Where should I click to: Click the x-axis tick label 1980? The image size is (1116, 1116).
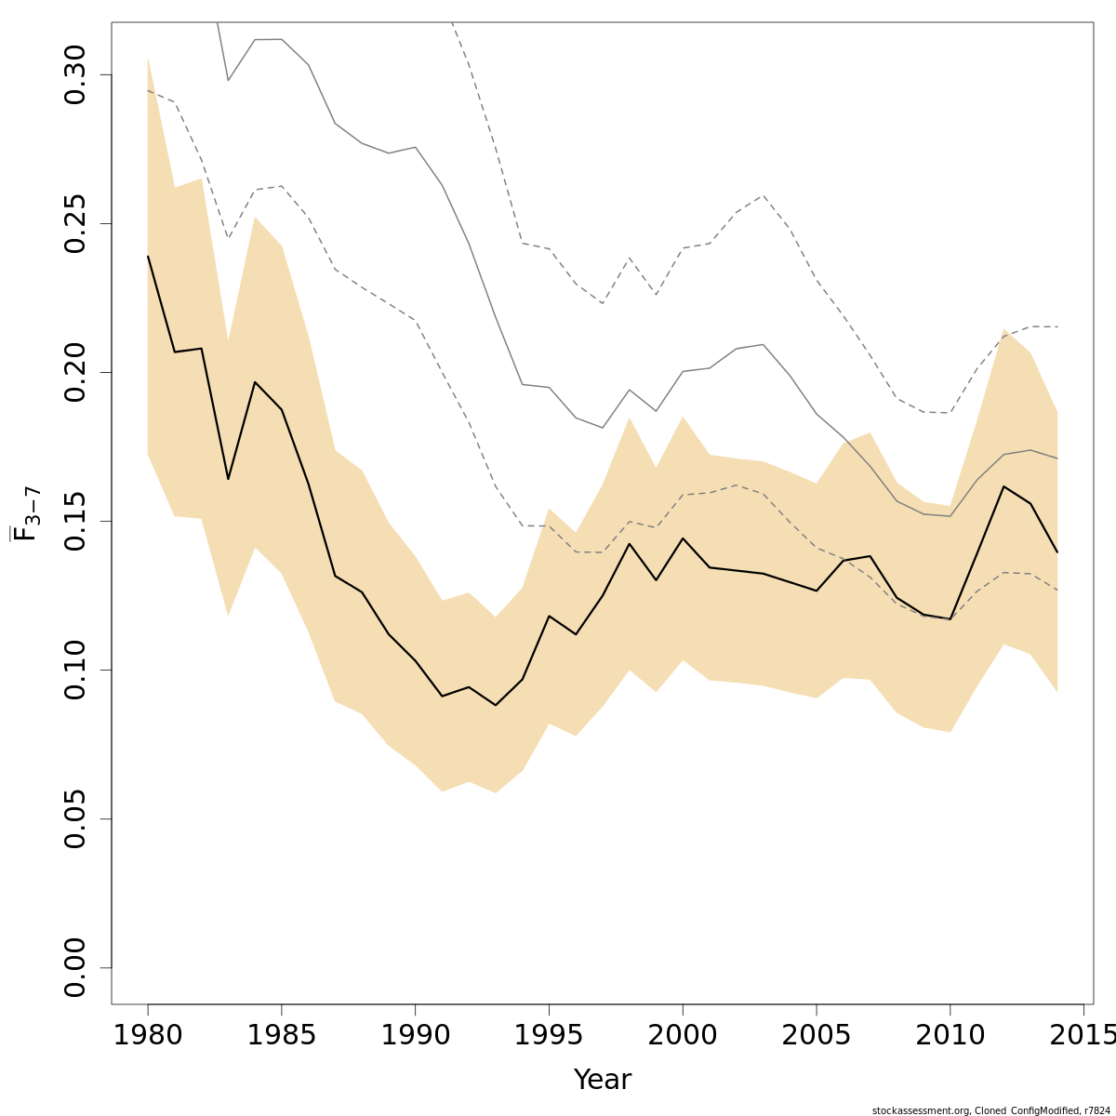click(x=148, y=1035)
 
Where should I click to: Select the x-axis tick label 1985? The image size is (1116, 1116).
click(x=282, y=1035)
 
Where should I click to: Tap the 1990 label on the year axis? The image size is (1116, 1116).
click(x=415, y=1035)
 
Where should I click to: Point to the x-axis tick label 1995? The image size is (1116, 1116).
click(x=549, y=1035)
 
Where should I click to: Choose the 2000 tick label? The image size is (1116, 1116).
click(x=683, y=1035)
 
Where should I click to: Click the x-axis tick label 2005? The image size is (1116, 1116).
click(x=817, y=1035)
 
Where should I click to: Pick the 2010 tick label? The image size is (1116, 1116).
click(x=950, y=1035)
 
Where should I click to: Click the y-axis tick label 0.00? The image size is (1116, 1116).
click(x=74, y=967)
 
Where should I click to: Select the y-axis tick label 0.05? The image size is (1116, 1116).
click(x=74, y=818)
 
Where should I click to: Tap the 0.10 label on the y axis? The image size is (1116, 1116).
click(x=74, y=670)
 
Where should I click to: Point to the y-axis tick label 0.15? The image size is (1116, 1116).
click(x=74, y=521)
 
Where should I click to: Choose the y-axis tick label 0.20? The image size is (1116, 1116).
click(x=74, y=372)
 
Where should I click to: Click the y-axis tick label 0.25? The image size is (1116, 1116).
click(x=74, y=223)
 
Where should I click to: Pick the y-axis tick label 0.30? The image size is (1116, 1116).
click(x=74, y=74)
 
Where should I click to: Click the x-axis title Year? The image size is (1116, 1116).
click(x=602, y=1080)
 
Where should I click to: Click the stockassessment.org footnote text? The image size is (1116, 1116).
click(x=990, y=1110)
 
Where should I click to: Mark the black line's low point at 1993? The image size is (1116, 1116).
click(x=496, y=705)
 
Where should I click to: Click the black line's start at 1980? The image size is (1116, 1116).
click(x=148, y=256)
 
